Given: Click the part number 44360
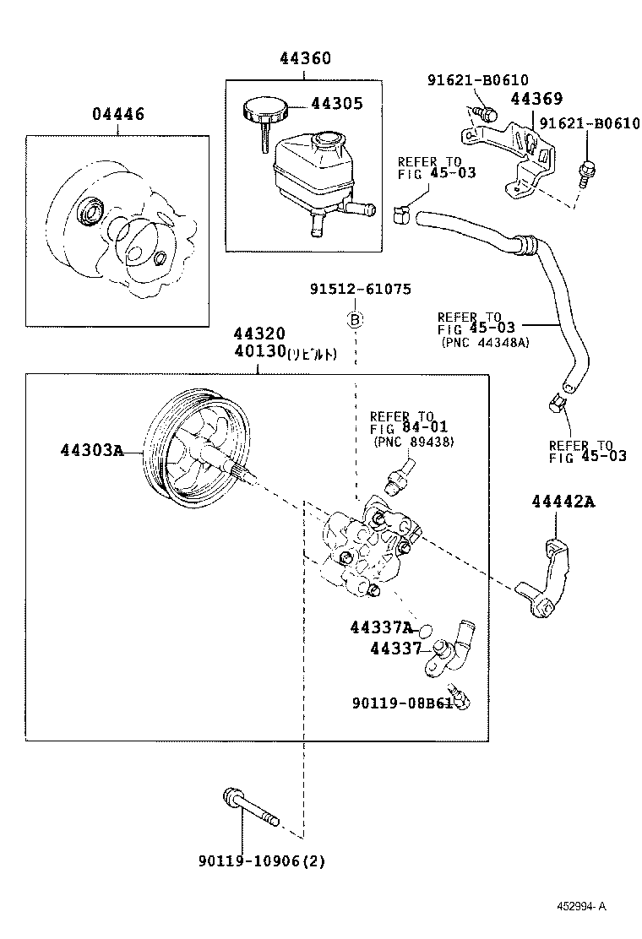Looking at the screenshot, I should pos(306,58).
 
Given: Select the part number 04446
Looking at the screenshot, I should pos(118,114).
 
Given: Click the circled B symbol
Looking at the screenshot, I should pos(356,319).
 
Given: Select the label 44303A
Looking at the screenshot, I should pos(91,450).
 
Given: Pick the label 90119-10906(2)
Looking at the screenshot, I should pos(262,861).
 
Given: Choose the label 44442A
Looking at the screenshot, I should pos(563,502).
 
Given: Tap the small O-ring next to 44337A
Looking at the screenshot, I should pos(427,630).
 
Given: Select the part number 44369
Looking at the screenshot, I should pos(536,100).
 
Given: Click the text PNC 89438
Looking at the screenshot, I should pos(412,442).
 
